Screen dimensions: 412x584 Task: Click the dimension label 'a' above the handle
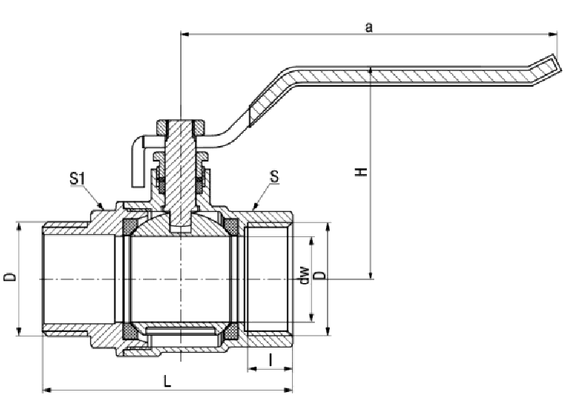click(368, 27)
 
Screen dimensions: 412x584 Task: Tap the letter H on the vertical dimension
click(361, 172)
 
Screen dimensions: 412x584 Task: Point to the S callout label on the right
click(275, 177)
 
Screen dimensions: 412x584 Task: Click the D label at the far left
click(10, 277)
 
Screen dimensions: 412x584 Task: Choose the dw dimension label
click(303, 276)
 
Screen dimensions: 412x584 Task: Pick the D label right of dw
click(319, 276)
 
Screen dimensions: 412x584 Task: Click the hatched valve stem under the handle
click(180, 170)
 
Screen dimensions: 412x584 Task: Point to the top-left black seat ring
click(129, 224)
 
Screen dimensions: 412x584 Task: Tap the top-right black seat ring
click(231, 224)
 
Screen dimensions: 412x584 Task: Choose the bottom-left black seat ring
click(129, 330)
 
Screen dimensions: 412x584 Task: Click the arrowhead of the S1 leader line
click(104, 208)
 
